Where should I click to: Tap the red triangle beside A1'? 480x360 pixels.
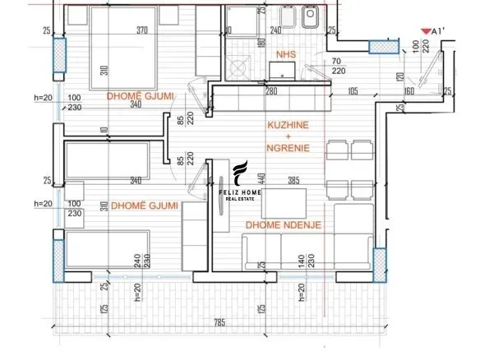tap(425, 31)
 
